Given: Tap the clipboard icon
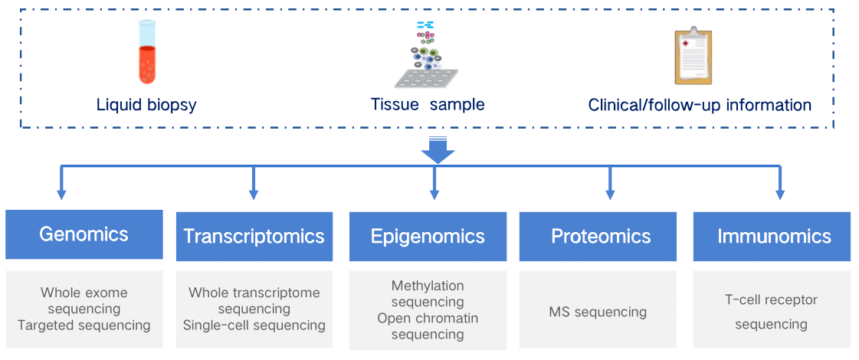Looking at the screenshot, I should pyautogui.click(x=693, y=56).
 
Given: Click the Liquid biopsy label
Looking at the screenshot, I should pyautogui.click(x=146, y=105).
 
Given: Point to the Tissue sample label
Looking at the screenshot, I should pyautogui.click(x=428, y=105).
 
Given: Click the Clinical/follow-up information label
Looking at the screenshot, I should pyautogui.click(x=700, y=105).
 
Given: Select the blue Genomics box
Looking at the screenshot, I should pyautogui.click(x=84, y=234).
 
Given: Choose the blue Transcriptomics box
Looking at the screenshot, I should pyautogui.click(x=254, y=236).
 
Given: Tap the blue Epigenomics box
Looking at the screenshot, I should pyautogui.click(x=428, y=236).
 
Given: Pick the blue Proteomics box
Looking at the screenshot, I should pyautogui.click(x=601, y=236).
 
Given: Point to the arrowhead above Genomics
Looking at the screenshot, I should pyautogui.click(x=62, y=195).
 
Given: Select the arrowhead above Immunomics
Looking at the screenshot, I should pyautogui.click(x=779, y=195).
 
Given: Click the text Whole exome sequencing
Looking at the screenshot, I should pyautogui.click(x=84, y=300).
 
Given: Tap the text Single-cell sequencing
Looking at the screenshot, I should pyautogui.click(x=254, y=326).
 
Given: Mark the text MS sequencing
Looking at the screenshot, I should pyautogui.click(x=598, y=312).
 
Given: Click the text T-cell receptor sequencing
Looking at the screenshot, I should pyautogui.click(x=771, y=312).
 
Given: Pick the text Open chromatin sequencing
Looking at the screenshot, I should pyautogui.click(x=428, y=326).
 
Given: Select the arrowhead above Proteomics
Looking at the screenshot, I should pyautogui.click(x=610, y=195).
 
